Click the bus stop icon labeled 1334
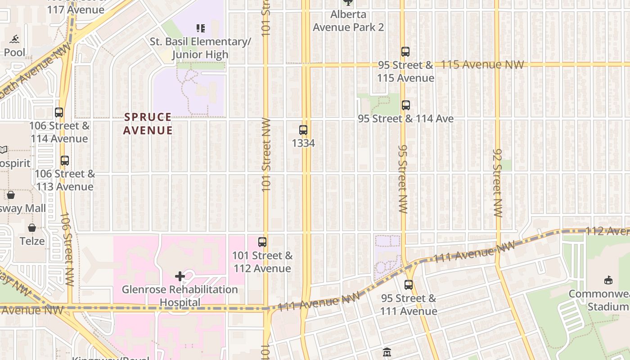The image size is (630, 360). (303, 130)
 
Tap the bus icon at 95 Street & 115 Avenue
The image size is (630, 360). (405, 52)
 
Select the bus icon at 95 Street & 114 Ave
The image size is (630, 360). (406, 105)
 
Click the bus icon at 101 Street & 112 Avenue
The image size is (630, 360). (262, 242)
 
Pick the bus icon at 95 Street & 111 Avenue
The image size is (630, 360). (409, 285)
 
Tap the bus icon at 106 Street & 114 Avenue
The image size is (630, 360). (59, 112)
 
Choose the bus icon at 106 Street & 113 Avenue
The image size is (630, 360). (65, 161)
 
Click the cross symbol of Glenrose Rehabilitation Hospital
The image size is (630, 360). (180, 276)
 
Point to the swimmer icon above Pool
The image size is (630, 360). (14, 39)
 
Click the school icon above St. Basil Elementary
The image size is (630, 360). (201, 28)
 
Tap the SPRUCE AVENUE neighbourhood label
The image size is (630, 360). (148, 124)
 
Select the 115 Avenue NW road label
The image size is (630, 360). (482, 64)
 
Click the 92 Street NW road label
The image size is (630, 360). (497, 183)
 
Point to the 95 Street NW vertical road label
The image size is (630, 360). (403, 179)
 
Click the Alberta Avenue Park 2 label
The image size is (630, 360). (348, 21)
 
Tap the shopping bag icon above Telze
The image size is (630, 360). (32, 228)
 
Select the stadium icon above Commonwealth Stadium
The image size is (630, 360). (608, 280)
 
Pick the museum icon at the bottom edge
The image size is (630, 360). (387, 352)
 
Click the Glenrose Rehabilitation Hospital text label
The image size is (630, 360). (180, 296)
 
